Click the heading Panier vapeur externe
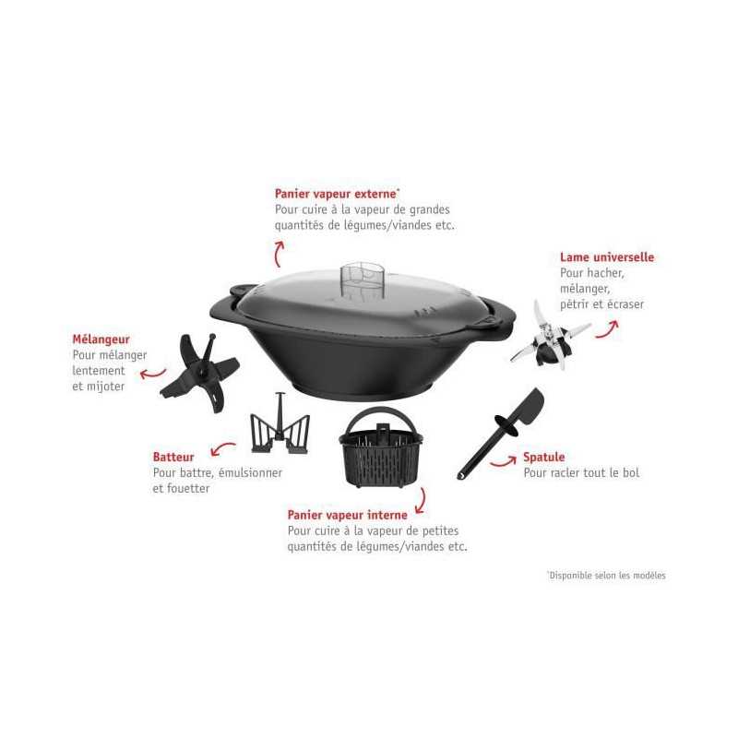coord(337,194)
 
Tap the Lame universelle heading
coord(607,257)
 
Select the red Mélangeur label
coord(101,339)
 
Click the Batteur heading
coord(173,457)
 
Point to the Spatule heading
coord(544,457)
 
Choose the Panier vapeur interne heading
coord(348,515)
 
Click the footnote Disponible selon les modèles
coord(607,575)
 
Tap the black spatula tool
coord(501,433)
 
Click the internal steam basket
coord(381,448)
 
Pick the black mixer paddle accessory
coord(200,373)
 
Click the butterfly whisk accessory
coord(280,426)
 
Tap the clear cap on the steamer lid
coord(363,281)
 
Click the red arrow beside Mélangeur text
coord(152,375)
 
